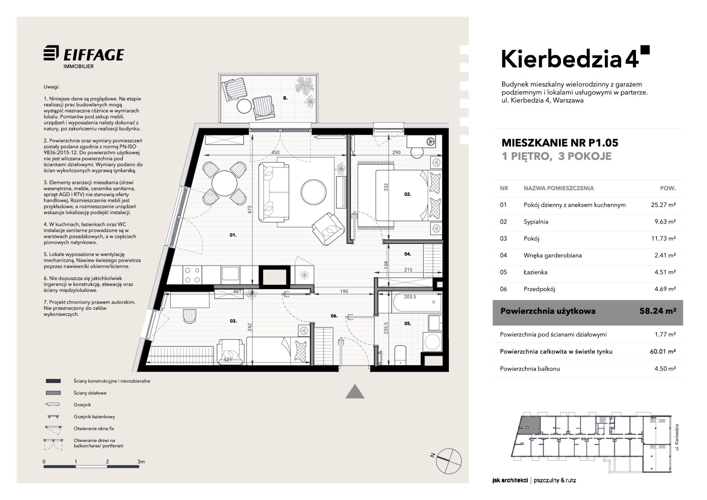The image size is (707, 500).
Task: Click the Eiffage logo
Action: [x=84, y=57]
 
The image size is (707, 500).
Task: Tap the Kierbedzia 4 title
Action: [x=575, y=59]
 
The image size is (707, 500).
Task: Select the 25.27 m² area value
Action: [x=663, y=205]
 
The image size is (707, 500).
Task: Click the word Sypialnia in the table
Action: [x=536, y=222]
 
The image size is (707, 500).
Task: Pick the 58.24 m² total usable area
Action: [x=658, y=311]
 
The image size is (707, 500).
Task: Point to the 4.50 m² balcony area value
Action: [x=665, y=368]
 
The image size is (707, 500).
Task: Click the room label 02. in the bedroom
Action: [x=408, y=194]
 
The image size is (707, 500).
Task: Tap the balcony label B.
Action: [x=285, y=98]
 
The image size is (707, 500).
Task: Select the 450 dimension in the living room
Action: [x=275, y=152]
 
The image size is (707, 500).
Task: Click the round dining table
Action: [x=224, y=184]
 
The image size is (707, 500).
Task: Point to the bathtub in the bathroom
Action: [x=417, y=302]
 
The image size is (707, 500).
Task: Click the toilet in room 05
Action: [x=401, y=355]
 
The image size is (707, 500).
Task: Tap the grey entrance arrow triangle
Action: [x=355, y=392]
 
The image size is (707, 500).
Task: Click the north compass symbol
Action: [x=448, y=461]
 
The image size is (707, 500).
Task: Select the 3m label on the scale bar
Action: [x=141, y=461]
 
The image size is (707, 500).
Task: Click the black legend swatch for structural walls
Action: [x=53, y=381]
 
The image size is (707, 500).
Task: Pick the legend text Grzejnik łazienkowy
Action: [x=94, y=417]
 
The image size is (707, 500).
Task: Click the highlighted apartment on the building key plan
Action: [x=529, y=426]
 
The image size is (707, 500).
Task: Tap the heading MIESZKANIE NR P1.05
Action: [x=560, y=143]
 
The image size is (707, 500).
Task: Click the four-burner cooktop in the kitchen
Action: [x=192, y=275]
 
